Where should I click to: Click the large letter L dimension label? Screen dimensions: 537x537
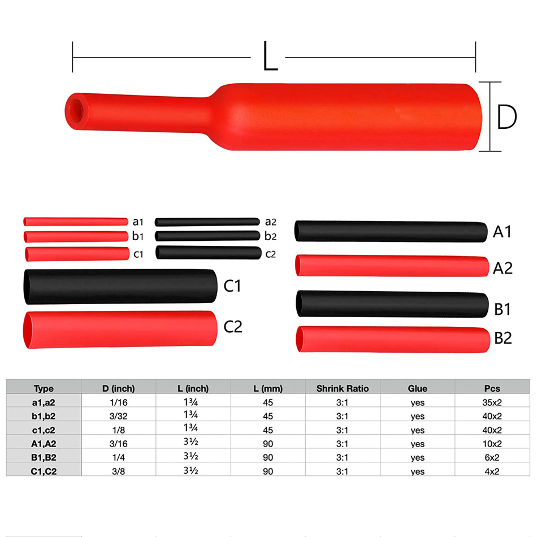coord(270,58)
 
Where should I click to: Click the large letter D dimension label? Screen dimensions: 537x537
coord(507,118)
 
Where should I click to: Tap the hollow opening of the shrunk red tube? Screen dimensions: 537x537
coord(74,106)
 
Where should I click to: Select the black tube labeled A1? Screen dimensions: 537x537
coord(390,232)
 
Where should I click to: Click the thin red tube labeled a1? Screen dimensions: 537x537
coord(76,221)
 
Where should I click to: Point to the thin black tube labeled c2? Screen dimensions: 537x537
coord(208,253)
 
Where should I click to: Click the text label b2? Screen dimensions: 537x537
coord(270,236)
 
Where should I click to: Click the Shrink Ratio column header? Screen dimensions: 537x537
coord(343,388)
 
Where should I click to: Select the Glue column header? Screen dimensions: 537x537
coord(417,388)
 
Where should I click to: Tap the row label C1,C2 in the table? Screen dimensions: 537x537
coord(44,471)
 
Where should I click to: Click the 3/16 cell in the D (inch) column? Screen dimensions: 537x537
coord(118,444)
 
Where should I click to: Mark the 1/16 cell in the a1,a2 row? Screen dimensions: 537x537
coord(118,402)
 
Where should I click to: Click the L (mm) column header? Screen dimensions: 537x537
coord(268,388)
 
